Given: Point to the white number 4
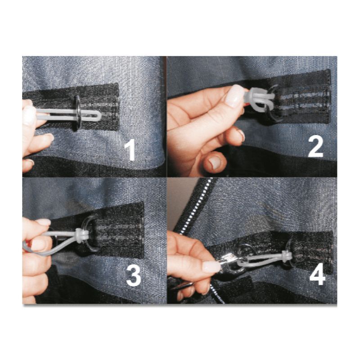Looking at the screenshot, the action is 317,276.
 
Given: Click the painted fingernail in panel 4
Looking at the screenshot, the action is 210,267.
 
